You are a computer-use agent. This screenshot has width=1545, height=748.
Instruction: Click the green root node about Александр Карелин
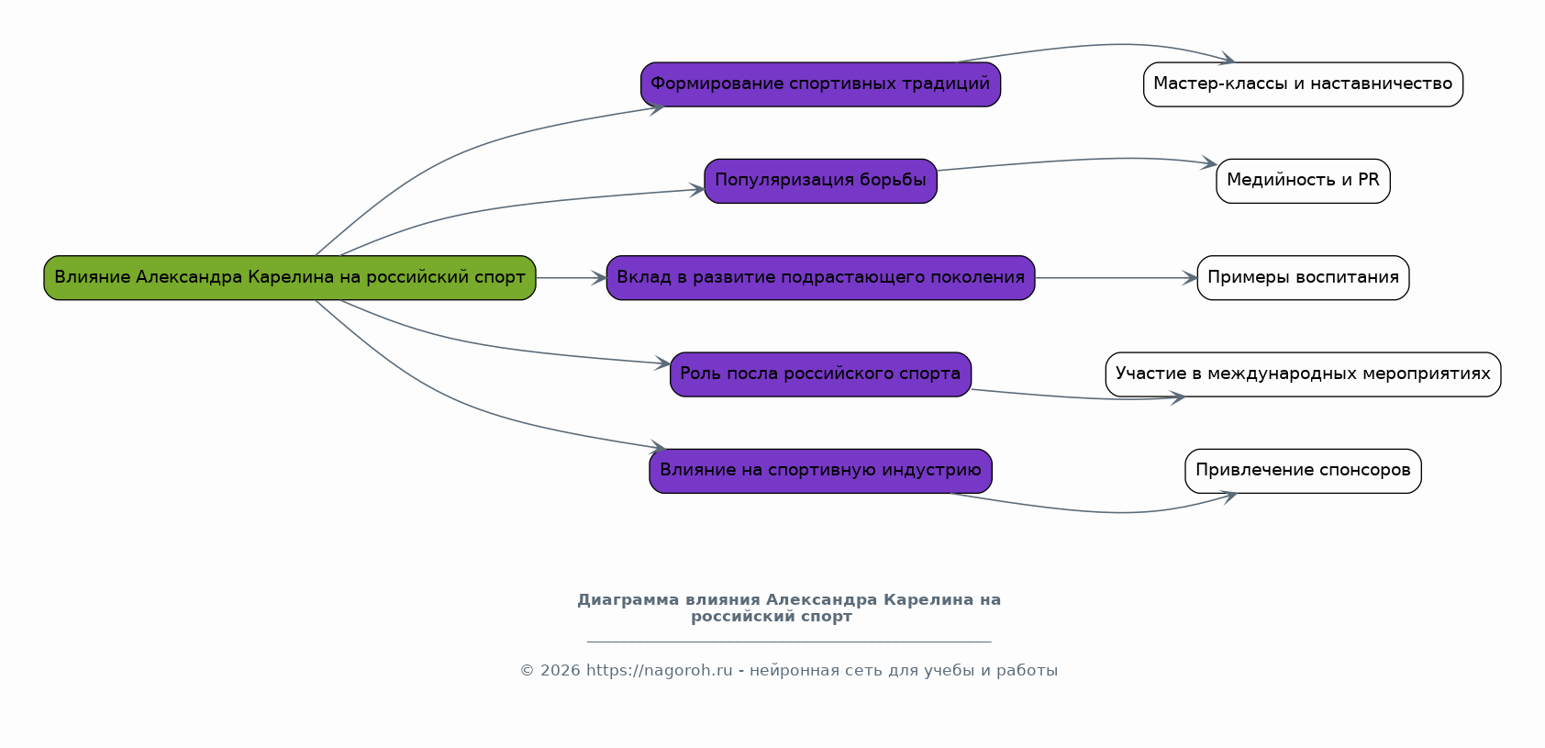[x=290, y=277]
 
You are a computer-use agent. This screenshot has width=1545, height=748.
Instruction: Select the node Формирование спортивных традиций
[x=820, y=84]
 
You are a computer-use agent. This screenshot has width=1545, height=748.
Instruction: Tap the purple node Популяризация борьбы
[x=820, y=181]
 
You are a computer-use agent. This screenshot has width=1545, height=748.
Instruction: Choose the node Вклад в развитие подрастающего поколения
[x=820, y=277]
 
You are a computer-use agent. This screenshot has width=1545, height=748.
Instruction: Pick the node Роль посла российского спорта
[x=820, y=374]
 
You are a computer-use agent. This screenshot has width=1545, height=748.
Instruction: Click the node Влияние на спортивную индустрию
[x=820, y=471]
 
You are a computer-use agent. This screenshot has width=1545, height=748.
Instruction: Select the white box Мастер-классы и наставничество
[x=1303, y=84]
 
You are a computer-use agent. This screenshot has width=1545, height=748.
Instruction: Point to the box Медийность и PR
[x=1303, y=181]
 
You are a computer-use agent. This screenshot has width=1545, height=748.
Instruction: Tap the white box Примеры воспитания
[x=1303, y=277]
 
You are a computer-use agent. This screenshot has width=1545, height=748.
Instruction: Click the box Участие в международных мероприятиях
[x=1303, y=374]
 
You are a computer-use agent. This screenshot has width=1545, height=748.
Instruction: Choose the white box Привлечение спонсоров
[x=1303, y=471]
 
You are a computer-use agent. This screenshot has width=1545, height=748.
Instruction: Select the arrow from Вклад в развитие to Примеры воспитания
[x=1115, y=277]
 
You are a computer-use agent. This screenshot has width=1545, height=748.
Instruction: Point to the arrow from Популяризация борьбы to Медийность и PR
[x=1073, y=161]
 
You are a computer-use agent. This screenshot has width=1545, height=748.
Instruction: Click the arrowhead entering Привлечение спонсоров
[x=1229, y=497]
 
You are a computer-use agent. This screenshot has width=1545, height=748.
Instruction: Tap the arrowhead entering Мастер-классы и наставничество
[x=1227, y=59]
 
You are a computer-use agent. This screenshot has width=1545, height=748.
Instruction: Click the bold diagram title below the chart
[x=788, y=608]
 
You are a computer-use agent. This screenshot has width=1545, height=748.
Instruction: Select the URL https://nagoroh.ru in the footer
[x=659, y=670]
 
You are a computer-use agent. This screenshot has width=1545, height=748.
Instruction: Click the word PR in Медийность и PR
[x=1368, y=180]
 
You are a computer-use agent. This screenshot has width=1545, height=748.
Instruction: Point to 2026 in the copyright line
[x=560, y=670]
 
